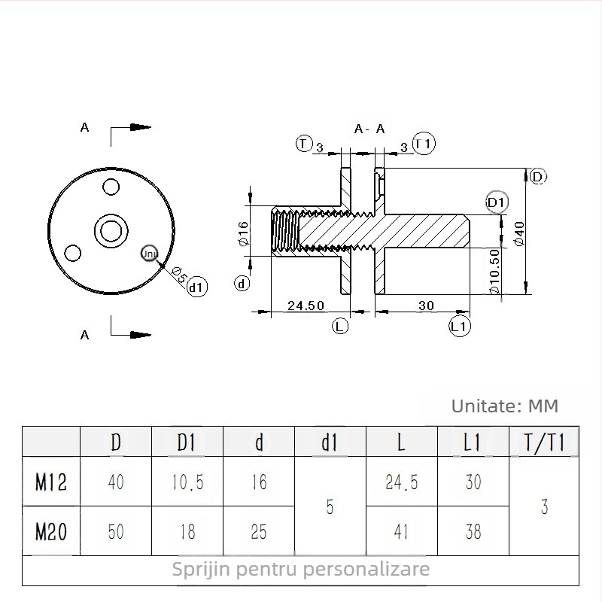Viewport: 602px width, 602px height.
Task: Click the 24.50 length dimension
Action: (306, 305)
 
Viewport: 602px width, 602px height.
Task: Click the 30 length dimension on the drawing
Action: (427, 305)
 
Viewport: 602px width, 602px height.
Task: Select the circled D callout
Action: (537, 177)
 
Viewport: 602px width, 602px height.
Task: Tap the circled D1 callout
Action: (497, 202)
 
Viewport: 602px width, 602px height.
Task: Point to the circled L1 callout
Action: (460, 327)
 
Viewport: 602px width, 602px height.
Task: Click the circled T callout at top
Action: (303, 143)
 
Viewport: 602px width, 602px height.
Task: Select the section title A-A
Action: (369, 129)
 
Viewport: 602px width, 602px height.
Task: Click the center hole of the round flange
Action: (111, 230)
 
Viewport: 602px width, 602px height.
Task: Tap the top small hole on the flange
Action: (111, 186)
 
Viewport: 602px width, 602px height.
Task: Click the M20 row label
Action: (51, 531)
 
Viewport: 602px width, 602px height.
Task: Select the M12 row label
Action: (51, 482)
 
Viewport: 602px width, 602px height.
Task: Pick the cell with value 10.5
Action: (187, 482)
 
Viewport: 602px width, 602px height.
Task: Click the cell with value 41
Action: (401, 531)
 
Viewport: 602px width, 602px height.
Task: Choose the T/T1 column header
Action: (544, 442)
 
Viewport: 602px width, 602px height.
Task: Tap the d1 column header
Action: (330, 442)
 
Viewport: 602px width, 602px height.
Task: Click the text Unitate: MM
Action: (505, 406)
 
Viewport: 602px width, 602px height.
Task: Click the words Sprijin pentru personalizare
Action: (301, 569)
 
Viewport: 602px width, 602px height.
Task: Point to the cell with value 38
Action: (473, 531)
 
